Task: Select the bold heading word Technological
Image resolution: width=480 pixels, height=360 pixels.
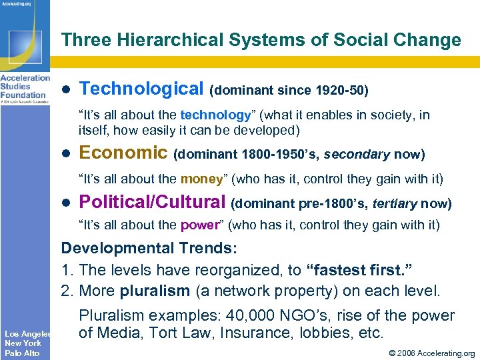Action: click(141, 88)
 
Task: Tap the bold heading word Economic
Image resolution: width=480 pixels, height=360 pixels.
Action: click(123, 153)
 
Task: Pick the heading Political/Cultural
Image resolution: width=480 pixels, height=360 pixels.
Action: click(153, 202)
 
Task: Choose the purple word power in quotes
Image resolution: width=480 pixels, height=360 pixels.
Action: click(199, 225)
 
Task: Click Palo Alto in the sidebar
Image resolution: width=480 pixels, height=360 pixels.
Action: click(22, 353)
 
